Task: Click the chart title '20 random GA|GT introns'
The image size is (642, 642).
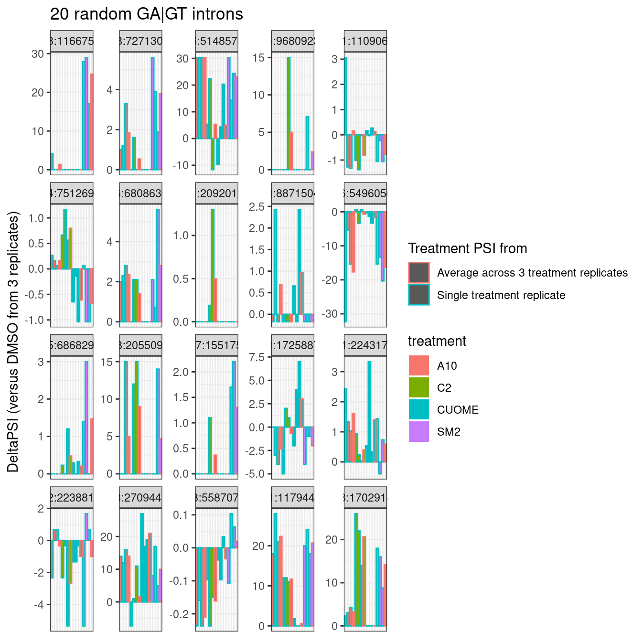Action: point(147,14)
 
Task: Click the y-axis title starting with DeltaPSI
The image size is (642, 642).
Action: point(13,342)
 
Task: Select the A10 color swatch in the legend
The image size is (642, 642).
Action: point(418,366)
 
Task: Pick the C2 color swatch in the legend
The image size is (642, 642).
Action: point(418,388)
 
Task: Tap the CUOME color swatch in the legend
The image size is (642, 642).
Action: point(418,410)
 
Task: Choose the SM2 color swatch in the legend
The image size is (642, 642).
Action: point(418,432)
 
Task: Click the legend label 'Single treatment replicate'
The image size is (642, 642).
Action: point(501,295)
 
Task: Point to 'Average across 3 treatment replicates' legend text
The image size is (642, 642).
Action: point(532,273)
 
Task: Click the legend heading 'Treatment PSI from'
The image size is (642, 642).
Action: point(467,248)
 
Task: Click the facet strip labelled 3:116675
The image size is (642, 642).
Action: point(72,41)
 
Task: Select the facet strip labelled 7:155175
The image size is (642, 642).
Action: point(216,345)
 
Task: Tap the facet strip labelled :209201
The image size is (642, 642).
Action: point(216,193)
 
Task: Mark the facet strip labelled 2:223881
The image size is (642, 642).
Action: point(72,498)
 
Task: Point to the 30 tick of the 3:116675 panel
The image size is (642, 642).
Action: point(38,54)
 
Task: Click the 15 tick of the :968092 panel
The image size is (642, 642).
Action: point(258,58)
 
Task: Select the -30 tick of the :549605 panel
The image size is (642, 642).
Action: point(331,314)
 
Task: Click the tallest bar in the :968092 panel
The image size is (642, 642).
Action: point(289,113)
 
